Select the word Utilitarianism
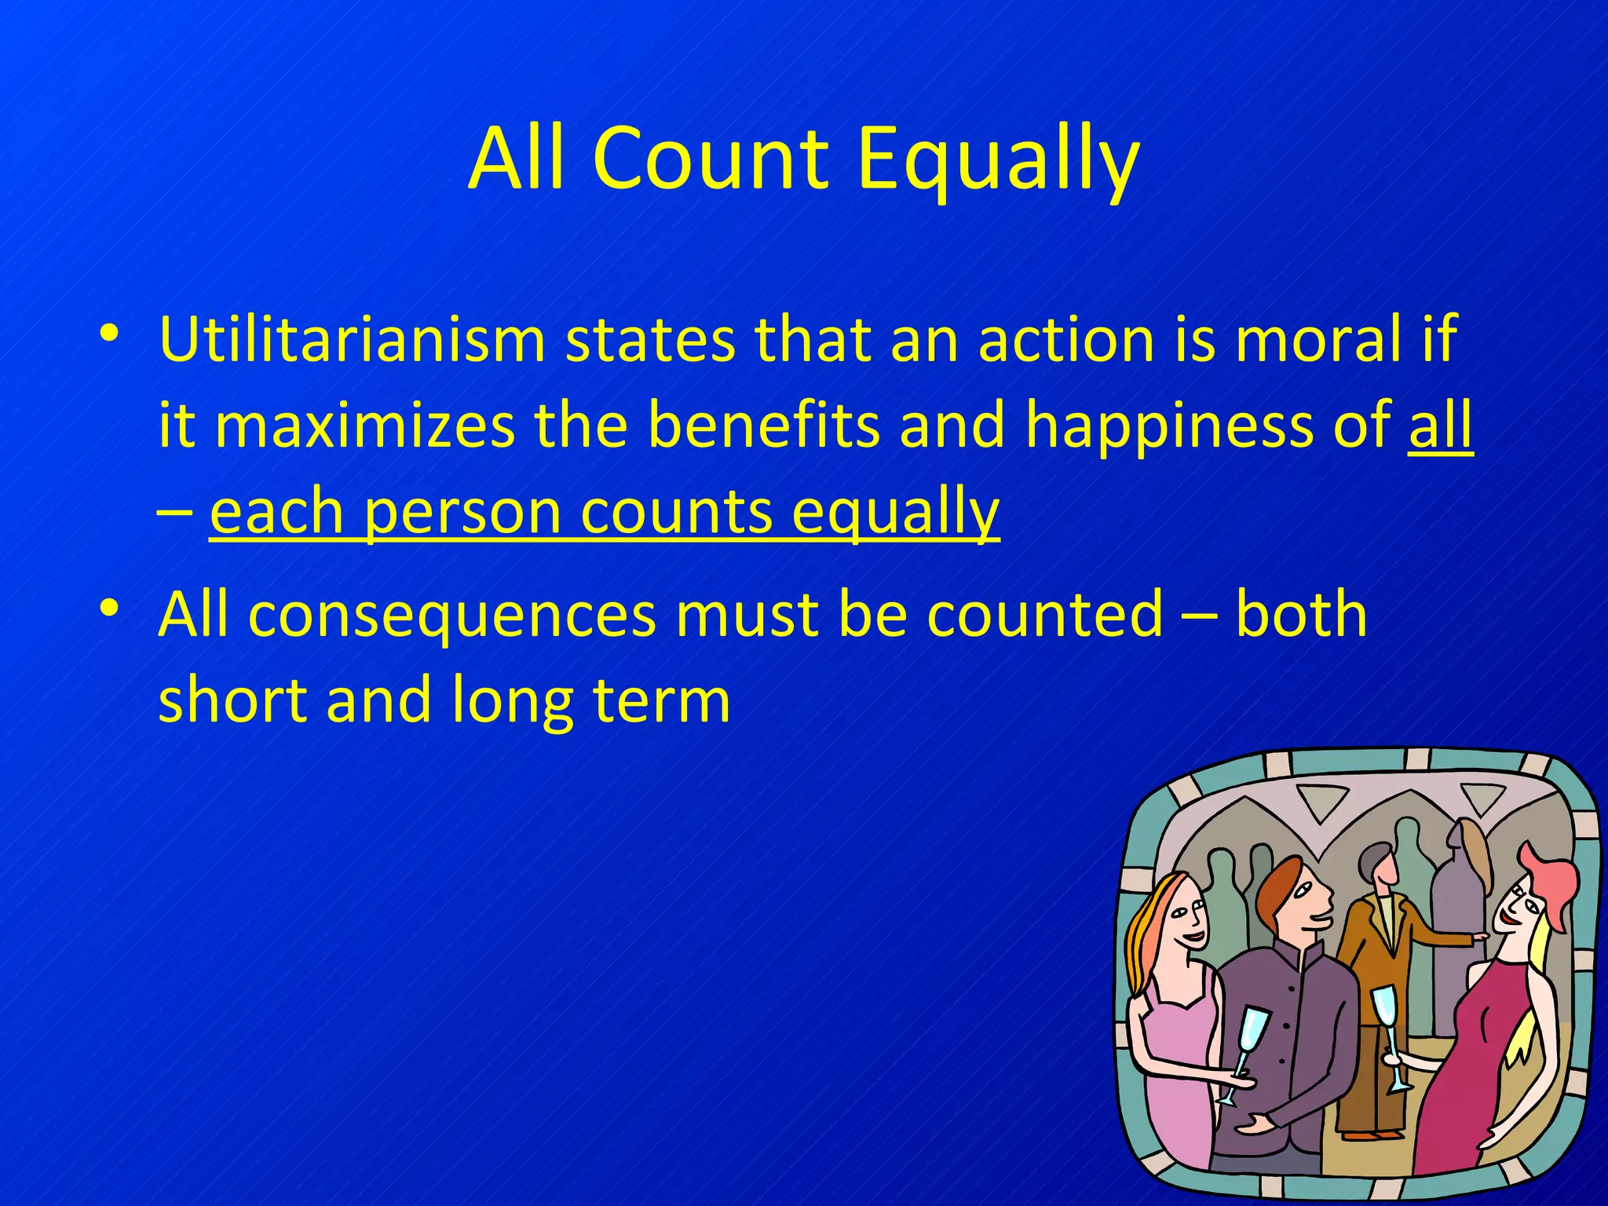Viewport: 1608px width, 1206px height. pos(352,339)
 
